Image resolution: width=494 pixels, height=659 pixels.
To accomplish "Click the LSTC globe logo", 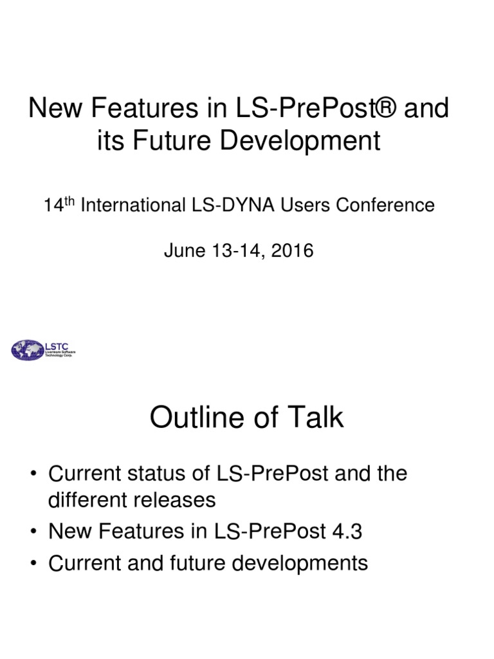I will tap(26, 350).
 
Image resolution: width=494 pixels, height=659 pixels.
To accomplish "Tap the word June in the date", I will tap(181, 250).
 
